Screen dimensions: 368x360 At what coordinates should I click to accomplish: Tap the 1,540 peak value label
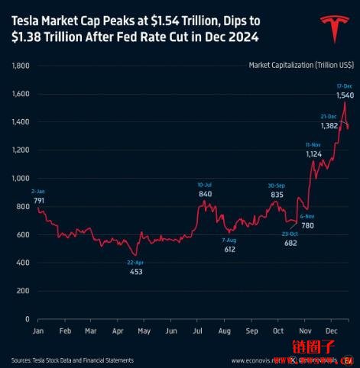point(345,95)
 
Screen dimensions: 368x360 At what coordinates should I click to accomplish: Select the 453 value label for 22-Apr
point(135,270)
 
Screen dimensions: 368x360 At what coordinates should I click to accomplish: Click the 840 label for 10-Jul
point(205,194)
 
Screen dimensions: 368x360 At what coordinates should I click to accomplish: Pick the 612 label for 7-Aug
point(230,249)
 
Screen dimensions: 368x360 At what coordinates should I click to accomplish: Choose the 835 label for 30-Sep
point(277,195)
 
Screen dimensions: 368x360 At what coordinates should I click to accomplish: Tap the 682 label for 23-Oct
point(290,242)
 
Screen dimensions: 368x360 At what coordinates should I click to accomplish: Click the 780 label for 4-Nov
point(307,225)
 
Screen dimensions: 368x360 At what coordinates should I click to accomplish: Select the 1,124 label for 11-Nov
point(313,153)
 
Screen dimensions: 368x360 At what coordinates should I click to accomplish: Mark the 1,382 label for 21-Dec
point(329,124)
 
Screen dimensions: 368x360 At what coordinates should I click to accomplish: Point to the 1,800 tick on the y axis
point(21,66)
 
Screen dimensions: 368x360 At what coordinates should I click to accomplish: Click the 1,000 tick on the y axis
point(21,179)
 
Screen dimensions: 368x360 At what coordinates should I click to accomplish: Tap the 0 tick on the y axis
point(26,319)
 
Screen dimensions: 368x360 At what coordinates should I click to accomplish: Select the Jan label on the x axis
point(38,331)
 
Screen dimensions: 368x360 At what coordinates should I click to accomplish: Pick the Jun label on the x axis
point(172,331)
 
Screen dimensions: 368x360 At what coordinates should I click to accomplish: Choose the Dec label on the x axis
point(332,331)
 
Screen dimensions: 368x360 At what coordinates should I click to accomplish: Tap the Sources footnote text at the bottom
point(73,360)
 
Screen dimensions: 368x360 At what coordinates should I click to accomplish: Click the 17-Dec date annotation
point(344,86)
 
